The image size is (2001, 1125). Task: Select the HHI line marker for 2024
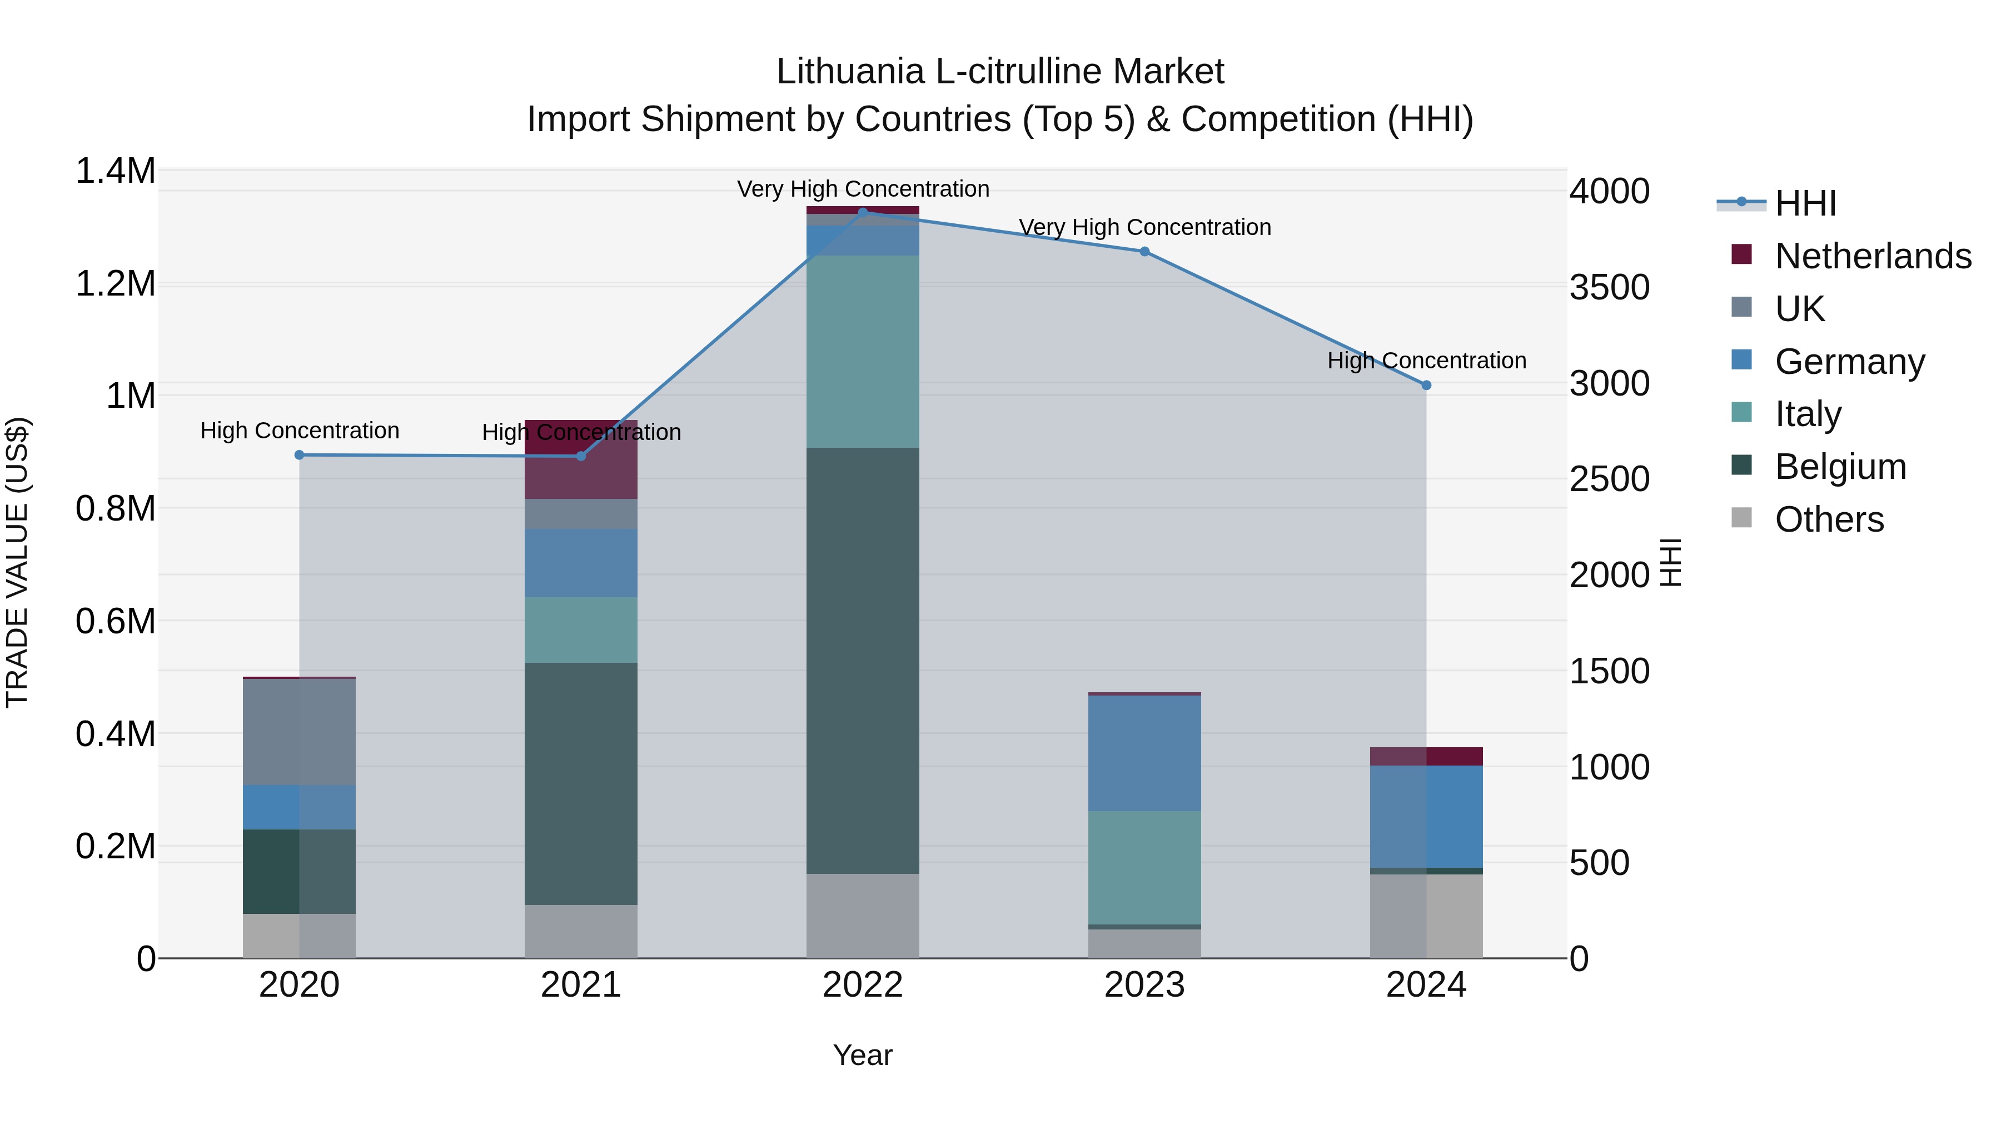coord(1426,385)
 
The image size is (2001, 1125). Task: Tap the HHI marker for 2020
coord(299,455)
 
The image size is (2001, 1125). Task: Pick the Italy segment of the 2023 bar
coord(1144,867)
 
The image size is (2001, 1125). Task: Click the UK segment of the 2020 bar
coord(299,731)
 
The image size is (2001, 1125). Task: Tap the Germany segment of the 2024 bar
coord(1426,816)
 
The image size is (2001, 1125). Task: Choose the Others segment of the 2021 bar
coord(581,931)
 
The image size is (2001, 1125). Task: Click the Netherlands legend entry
coord(1872,256)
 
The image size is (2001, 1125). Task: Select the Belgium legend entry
coord(1839,467)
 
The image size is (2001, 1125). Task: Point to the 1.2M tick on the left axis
coord(116,283)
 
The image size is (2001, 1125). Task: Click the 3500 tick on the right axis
coord(1610,287)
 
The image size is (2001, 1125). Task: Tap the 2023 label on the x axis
coord(1144,985)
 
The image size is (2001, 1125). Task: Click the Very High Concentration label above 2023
coord(1145,227)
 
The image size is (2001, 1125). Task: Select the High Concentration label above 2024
coord(1426,361)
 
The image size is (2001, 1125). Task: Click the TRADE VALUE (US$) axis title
coord(18,562)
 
